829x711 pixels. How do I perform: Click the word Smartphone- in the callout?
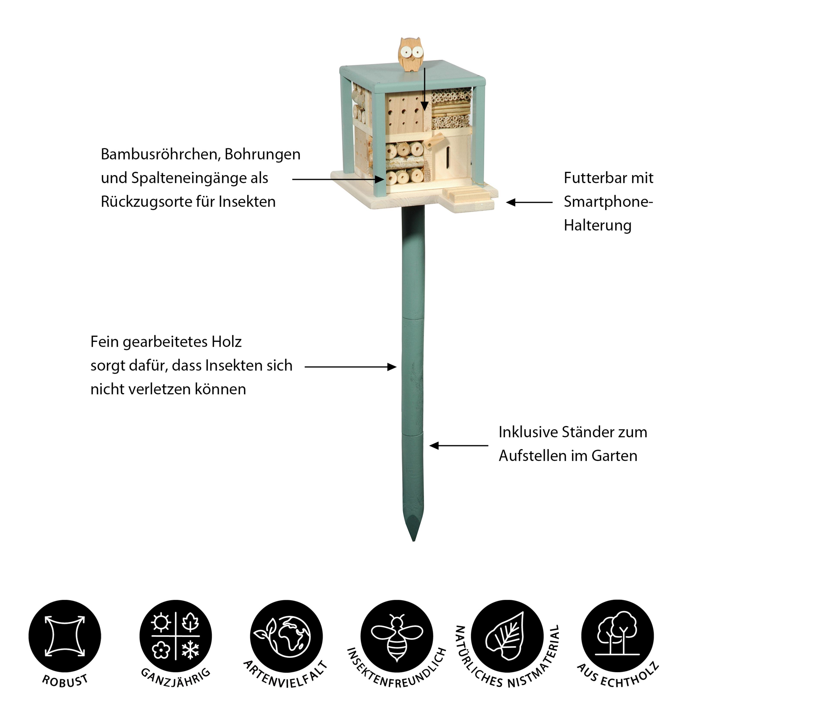pyautogui.click(x=608, y=202)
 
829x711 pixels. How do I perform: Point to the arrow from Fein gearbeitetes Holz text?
pyautogui.click(x=350, y=367)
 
